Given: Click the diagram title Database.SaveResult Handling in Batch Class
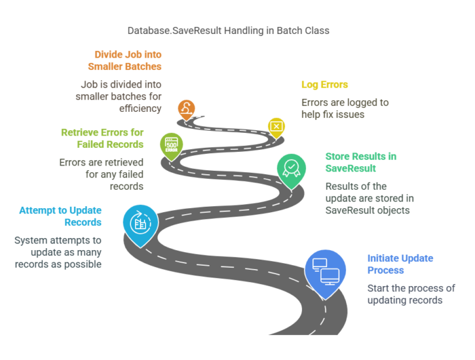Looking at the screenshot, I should point(237,31).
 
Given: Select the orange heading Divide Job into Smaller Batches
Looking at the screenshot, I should point(128,60).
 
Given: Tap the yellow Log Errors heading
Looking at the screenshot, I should point(324,84).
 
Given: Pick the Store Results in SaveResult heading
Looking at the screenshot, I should point(360,162).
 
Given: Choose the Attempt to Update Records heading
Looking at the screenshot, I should point(60,216).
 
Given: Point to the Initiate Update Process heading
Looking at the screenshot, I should point(400,264).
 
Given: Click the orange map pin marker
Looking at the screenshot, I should point(187,109).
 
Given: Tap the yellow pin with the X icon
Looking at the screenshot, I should point(276,126).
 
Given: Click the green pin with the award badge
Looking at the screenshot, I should point(291,168).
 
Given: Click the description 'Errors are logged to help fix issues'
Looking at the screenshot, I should point(345,109).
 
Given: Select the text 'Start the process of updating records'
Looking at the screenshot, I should point(411,295).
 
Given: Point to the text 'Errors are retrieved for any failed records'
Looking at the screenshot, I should point(102,175).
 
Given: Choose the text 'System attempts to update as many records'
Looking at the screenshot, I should point(58,252).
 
